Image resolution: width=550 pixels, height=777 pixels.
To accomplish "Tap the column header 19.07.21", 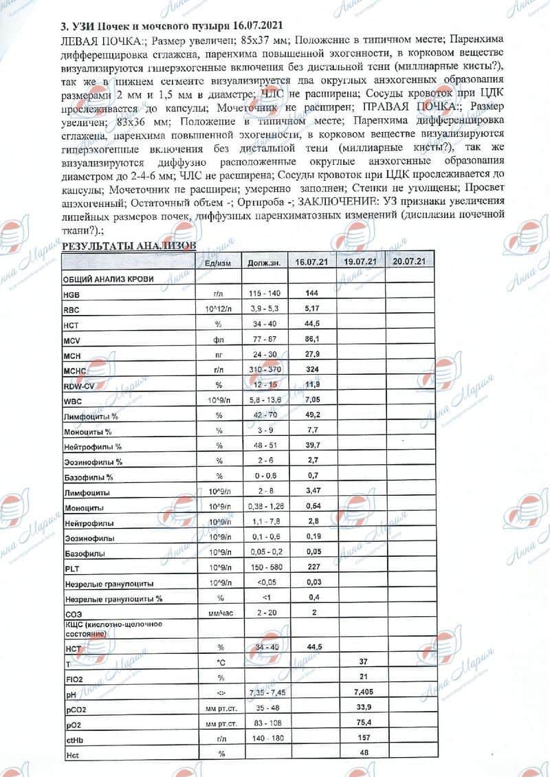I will pos(360,263).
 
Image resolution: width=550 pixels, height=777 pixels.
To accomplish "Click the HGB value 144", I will pos(311,293).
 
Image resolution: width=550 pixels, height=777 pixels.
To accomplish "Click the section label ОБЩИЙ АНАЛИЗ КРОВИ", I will pos(108,278).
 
